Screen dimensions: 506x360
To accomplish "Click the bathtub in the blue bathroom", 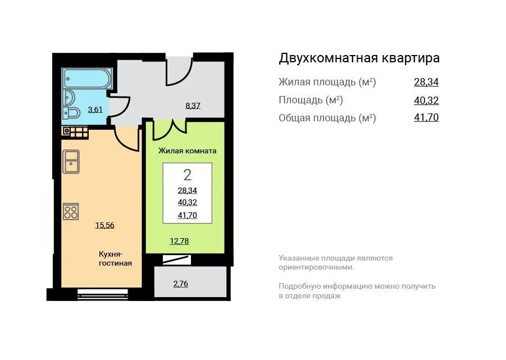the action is [88, 79].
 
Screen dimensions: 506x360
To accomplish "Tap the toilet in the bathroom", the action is [71, 113].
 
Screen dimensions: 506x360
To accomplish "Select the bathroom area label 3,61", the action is [95, 110].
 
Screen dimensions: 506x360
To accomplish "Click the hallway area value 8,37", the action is [193, 106].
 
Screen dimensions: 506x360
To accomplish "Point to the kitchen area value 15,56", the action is [104, 225].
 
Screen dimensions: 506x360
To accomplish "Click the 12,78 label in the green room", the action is [179, 241].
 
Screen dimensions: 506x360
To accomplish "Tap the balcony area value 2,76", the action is [180, 284].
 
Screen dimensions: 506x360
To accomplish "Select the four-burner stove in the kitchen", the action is [71, 212].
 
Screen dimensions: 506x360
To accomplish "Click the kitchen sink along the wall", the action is [71, 162].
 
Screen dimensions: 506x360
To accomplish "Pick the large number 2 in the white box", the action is [187, 175].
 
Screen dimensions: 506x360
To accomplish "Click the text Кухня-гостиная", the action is [115, 259].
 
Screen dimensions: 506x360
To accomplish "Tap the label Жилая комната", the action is [187, 151].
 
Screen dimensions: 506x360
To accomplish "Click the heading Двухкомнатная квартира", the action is [359, 58].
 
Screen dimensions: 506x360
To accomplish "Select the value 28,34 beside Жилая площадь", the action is [426, 82].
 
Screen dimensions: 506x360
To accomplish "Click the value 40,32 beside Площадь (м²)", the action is [426, 101].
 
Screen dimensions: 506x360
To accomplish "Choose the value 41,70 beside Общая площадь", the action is [426, 117].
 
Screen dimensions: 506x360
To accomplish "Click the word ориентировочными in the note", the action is [316, 267].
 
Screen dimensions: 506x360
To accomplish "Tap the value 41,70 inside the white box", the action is [187, 215].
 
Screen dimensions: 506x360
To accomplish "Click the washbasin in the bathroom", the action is [70, 97].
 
